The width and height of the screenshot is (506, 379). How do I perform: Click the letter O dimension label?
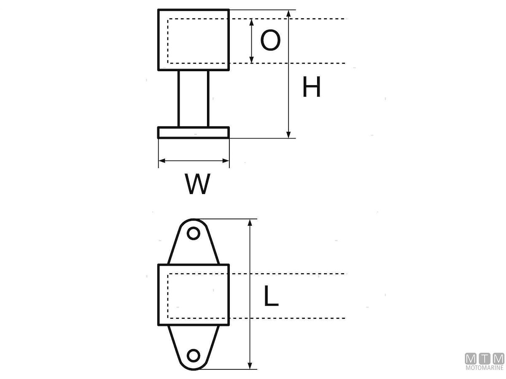pos(270,41)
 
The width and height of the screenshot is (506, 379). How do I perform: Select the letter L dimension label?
pos(271,296)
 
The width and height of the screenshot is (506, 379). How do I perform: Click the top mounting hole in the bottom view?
pos(193,233)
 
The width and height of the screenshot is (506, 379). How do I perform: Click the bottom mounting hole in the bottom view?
pos(194,355)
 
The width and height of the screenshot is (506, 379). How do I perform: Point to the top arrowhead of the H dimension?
pos(288,14)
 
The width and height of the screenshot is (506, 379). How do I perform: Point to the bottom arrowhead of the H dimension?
pos(288,134)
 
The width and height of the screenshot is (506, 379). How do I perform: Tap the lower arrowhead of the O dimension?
pos(252,59)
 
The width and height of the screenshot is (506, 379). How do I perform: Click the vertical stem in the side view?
pos(194,99)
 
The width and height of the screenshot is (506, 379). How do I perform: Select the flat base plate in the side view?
pos(194,133)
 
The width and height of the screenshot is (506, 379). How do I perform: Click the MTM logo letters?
pos(484,359)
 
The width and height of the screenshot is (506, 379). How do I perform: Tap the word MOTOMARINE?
pos(484,368)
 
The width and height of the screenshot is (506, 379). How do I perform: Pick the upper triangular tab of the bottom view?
pos(194,246)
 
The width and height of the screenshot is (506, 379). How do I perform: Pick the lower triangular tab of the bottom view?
pos(194,343)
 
